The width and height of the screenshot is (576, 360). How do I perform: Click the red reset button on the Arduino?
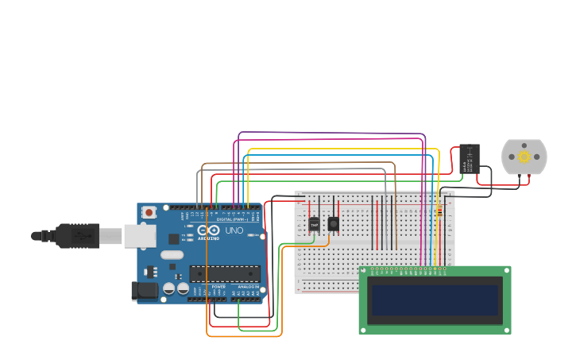(149, 212)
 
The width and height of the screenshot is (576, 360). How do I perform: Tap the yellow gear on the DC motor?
(524, 157)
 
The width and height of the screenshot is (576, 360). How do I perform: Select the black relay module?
(470, 159)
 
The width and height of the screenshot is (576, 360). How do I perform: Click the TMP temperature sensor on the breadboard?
(314, 225)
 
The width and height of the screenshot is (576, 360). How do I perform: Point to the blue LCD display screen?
(435, 300)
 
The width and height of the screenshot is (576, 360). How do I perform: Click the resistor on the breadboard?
(439, 212)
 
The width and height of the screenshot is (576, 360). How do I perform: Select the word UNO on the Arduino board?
(234, 230)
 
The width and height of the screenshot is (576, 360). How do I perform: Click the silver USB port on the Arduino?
(133, 235)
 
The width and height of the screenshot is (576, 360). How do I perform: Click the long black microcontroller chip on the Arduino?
(224, 274)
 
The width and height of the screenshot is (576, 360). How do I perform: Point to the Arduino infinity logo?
(174, 238)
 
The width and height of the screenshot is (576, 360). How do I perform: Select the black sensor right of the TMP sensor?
(333, 224)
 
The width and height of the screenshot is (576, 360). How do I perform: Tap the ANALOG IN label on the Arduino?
(248, 286)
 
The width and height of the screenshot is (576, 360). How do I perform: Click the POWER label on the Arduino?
(218, 286)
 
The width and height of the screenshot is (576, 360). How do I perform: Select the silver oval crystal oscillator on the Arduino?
(171, 255)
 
